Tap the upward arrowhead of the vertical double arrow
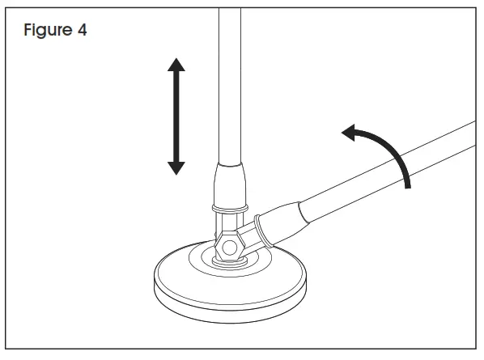[176, 65]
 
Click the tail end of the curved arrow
[408, 185]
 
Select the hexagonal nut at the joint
[230, 244]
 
